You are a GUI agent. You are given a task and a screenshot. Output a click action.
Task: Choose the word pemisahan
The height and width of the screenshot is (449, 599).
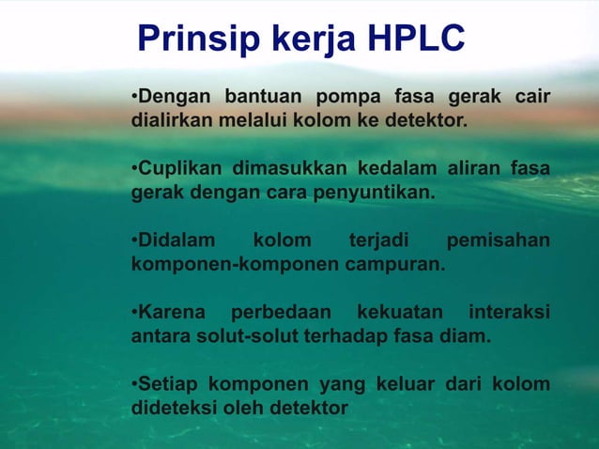coord(498,241)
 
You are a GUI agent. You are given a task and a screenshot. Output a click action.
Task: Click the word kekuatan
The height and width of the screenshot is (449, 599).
coord(398,313)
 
